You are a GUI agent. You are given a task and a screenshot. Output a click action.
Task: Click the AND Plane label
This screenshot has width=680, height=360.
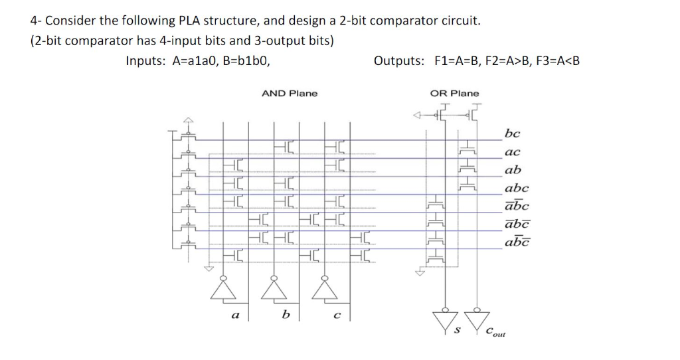290,93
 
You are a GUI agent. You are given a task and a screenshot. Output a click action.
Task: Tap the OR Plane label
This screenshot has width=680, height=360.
454,93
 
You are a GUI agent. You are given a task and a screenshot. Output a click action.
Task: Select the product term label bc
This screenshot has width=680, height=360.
513,134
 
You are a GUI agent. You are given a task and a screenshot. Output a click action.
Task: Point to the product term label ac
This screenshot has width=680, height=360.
513,152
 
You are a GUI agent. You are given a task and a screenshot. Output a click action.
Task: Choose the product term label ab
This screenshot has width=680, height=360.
513,169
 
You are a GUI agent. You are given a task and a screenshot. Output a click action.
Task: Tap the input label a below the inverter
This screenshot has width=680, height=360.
234,315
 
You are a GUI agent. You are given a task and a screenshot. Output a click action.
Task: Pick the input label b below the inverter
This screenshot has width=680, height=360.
286,315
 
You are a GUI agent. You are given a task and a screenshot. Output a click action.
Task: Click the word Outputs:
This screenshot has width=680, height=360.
399,61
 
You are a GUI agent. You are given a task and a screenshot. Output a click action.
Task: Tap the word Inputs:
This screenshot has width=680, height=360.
147,61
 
